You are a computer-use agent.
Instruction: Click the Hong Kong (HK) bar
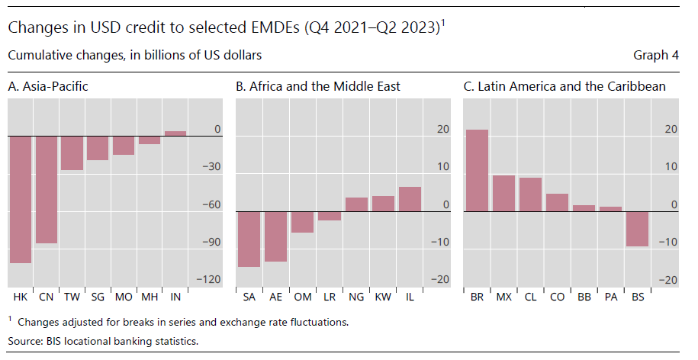(x=21, y=199)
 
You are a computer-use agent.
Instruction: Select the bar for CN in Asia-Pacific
(x=47, y=189)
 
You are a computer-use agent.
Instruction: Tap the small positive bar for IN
(x=175, y=133)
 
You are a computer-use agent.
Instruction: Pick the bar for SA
(x=249, y=239)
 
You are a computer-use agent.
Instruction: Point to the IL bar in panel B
(x=409, y=199)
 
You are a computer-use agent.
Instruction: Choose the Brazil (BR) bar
(x=478, y=170)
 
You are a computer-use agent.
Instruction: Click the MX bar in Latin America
(x=503, y=193)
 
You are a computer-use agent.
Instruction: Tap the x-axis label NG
(x=356, y=296)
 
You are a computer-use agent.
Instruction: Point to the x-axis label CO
(x=557, y=296)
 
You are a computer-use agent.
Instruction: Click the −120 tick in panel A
(x=207, y=280)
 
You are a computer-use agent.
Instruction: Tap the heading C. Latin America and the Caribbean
(x=565, y=86)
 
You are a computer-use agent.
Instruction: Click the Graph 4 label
(x=655, y=56)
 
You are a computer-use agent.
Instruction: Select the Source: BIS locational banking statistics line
(x=103, y=340)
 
